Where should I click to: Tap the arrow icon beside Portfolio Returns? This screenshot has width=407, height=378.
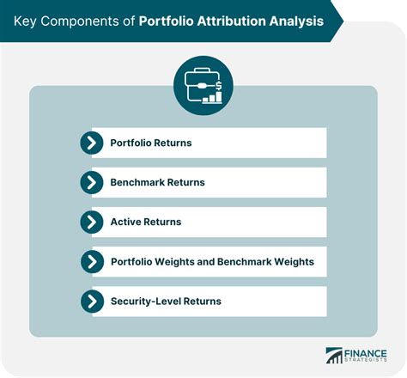(x=92, y=143)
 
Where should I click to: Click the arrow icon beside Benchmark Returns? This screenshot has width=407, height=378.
(x=92, y=182)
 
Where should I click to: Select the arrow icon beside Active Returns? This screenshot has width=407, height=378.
(x=92, y=222)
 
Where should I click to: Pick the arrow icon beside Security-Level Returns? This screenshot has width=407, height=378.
(x=92, y=301)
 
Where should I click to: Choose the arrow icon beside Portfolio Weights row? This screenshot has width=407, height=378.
(x=92, y=261)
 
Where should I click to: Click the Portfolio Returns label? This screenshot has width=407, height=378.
(x=151, y=143)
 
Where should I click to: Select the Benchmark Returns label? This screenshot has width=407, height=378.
(x=157, y=182)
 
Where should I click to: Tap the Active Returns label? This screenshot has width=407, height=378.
(x=145, y=222)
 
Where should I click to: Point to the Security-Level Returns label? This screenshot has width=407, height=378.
(x=166, y=301)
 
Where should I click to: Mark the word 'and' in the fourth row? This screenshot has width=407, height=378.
(x=211, y=261)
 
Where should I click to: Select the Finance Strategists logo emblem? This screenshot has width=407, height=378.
(x=332, y=355)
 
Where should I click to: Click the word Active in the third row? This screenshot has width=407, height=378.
(x=125, y=222)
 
